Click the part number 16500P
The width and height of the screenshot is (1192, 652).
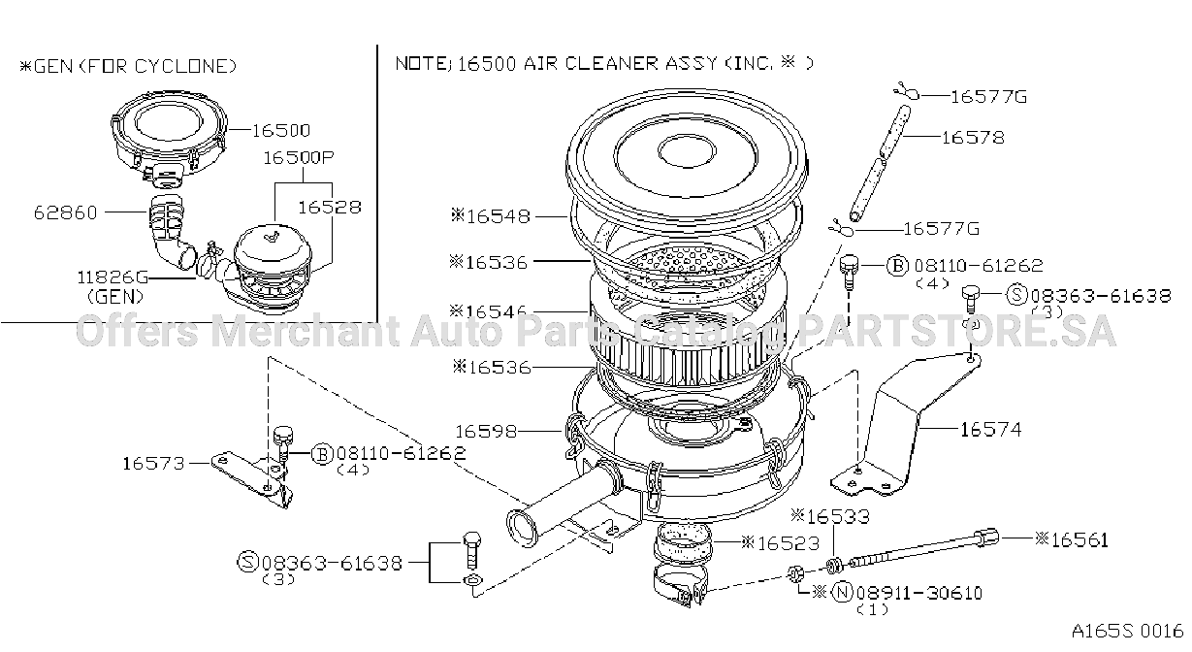299,157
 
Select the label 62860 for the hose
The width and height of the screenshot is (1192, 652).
66,212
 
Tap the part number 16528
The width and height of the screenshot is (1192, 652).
330,207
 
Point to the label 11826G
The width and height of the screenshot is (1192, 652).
113,277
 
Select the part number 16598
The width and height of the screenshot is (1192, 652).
486,431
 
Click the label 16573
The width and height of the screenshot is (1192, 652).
154,464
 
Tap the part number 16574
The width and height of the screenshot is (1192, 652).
991,430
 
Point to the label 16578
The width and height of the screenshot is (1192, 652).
974,138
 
